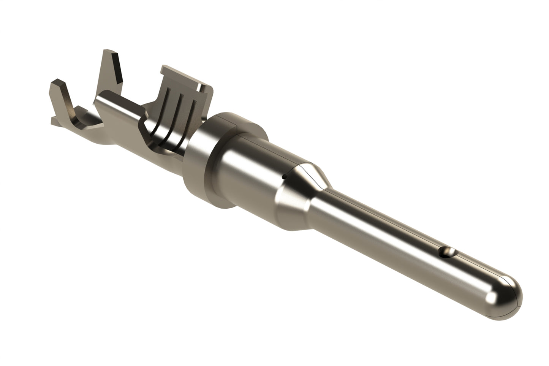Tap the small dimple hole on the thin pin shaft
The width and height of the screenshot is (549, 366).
coord(447,251)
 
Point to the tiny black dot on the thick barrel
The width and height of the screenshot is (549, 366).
coord(283,176)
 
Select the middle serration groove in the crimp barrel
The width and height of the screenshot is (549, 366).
coord(179,114)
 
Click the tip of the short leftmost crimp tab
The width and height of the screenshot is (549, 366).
coord(57,81)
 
